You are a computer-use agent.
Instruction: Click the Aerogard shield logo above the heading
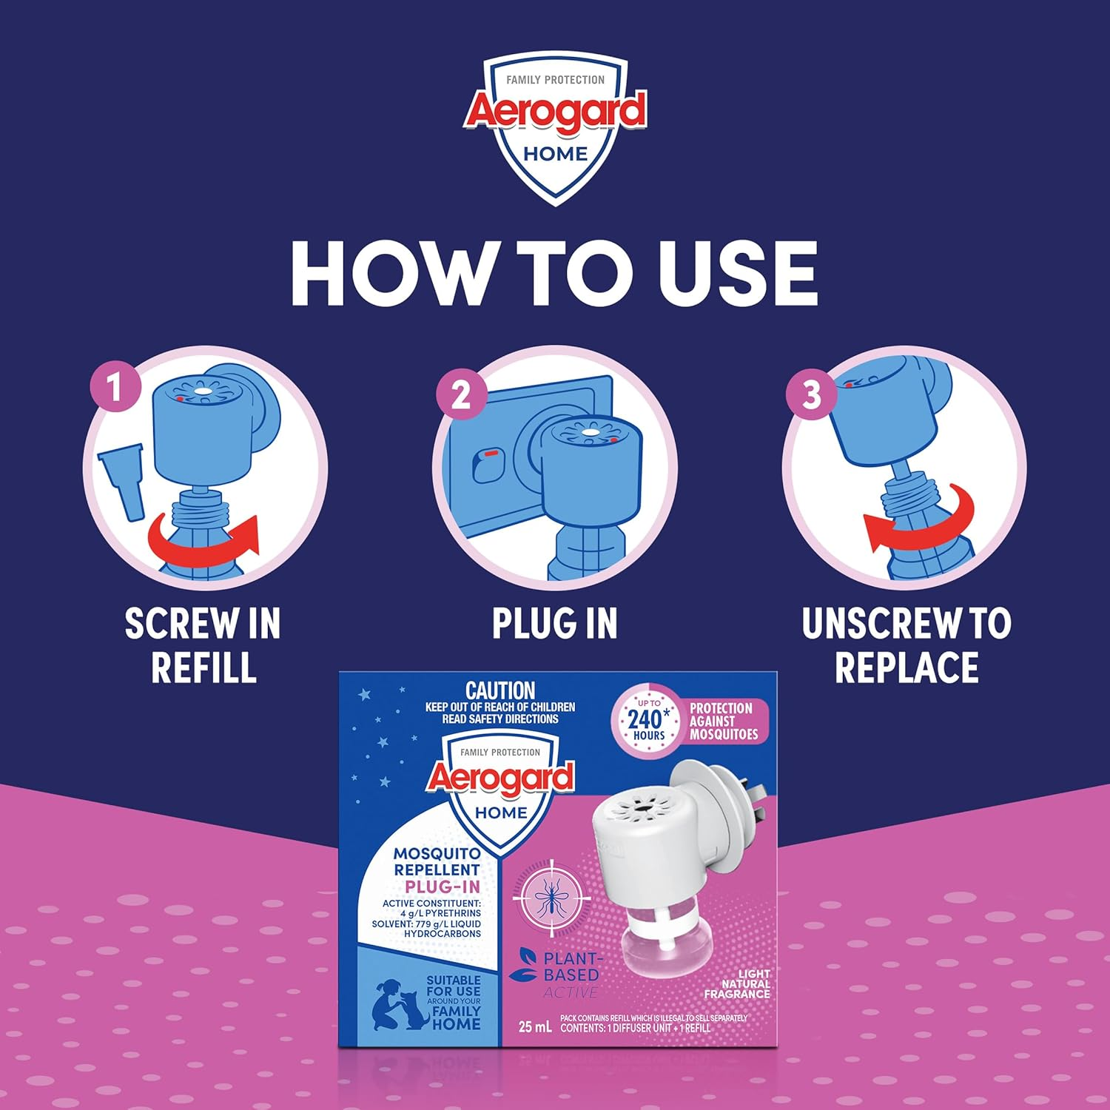555,129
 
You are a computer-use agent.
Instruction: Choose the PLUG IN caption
555,624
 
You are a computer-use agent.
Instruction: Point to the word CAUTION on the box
500,690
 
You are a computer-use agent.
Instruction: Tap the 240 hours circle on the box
648,719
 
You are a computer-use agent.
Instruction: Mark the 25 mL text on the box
535,1027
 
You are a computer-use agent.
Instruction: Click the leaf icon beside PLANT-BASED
523,966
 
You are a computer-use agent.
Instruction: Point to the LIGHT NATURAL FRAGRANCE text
737,984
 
